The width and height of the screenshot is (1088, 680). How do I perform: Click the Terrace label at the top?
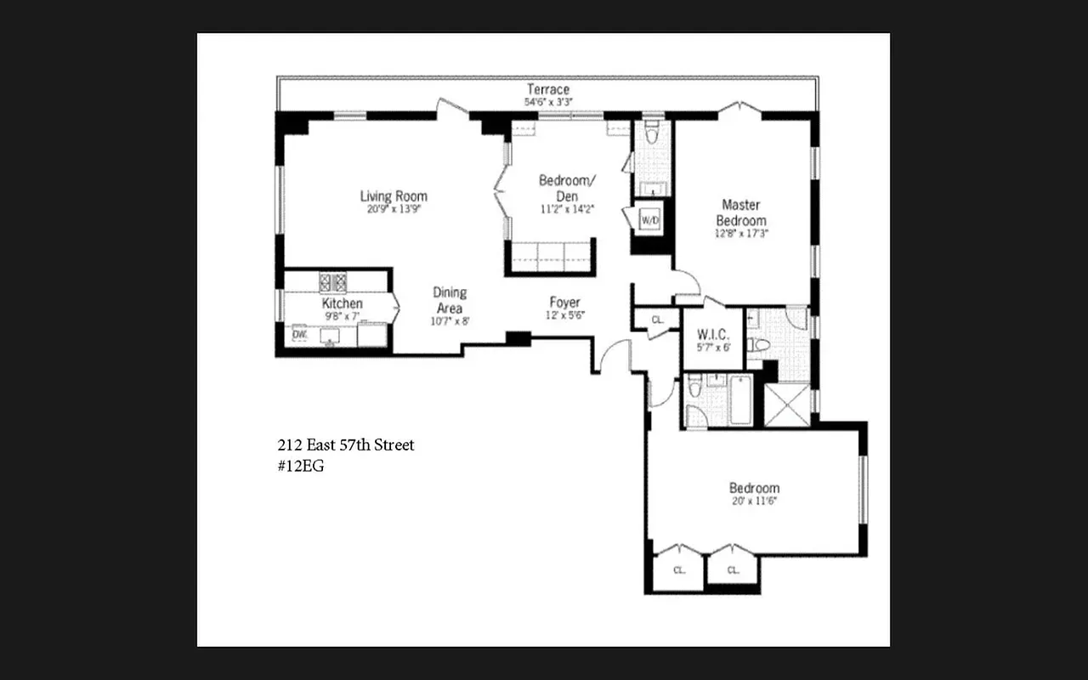(547, 89)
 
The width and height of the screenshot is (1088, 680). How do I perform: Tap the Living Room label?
(393, 196)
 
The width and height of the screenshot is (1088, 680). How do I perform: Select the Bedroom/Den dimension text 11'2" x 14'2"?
(567, 207)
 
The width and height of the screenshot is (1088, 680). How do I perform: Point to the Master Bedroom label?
(740, 212)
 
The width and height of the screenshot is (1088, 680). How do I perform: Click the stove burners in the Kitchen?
(333, 281)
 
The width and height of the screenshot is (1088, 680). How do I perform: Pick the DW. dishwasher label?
(299, 335)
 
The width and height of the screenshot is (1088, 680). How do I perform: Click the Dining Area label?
(450, 300)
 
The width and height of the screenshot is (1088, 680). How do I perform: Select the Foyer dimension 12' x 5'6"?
(564, 315)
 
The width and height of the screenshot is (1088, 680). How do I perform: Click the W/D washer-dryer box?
(650, 220)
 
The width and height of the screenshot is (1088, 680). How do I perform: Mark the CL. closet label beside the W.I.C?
(657, 320)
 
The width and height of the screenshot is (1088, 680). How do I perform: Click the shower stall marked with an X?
(787, 404)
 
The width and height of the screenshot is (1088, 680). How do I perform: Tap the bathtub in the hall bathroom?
(739, 401)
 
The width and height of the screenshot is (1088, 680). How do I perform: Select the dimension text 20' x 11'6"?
(754, 501)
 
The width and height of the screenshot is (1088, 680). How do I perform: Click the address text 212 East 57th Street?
(346, 445)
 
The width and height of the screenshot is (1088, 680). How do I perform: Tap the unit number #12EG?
(301, 466)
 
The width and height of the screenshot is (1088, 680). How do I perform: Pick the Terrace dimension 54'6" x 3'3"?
(548, 102)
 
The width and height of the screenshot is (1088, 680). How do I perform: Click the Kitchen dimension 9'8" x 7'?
(342, 315)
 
